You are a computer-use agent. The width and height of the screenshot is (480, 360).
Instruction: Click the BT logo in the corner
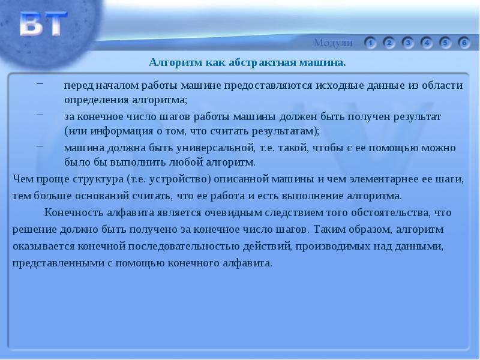click(x=42, y=26)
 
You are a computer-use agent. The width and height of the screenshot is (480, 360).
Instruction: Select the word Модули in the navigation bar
click(x=333, y=43)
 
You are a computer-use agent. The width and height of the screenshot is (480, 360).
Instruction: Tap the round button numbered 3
click(x=408, y=43)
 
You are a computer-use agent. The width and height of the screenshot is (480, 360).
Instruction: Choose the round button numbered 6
click(x=464, y=43)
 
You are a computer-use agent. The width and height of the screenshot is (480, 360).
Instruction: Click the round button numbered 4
click(x=427, y=43)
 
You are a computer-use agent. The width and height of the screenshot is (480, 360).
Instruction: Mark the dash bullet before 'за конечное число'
click(x=40, y=114)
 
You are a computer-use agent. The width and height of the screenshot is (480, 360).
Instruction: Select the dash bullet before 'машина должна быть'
click(x=40, y=145)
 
